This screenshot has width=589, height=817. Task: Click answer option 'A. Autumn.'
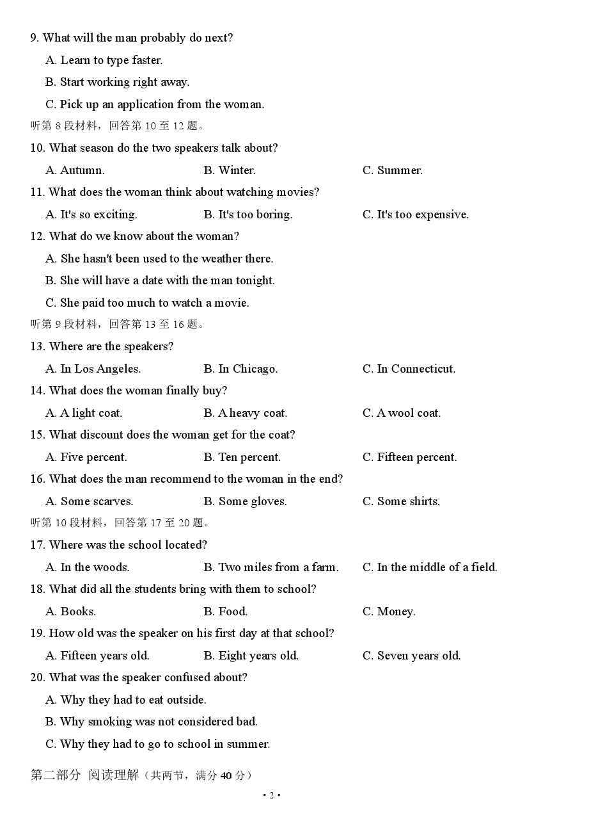pos(75,170)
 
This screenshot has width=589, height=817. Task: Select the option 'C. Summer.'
pos(392,170)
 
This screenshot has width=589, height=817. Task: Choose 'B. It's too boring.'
pos(247,214)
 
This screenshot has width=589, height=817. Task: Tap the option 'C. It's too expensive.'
pos(415,214)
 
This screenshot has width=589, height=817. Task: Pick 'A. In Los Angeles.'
pos(93,369)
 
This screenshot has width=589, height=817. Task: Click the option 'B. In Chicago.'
pos(240,369)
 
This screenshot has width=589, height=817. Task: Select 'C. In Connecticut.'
pos(409,369)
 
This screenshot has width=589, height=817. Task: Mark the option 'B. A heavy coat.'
pos(246,413)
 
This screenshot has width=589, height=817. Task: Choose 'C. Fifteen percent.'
pos(409,457)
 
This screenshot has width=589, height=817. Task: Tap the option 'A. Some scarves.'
pos(90,501)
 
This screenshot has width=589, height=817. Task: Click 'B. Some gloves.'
pos(245,501)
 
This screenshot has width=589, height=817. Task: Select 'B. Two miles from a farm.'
pos(271,567)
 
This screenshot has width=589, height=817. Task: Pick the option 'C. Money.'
pos(389,611)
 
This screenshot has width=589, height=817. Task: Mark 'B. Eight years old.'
pos(251,656)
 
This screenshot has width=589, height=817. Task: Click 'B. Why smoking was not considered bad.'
pos(152,722)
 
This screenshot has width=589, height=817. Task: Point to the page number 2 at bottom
pos(272,796)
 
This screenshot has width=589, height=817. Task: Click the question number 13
pos(37,346)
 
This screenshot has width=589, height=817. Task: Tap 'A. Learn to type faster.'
pos(104,60)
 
